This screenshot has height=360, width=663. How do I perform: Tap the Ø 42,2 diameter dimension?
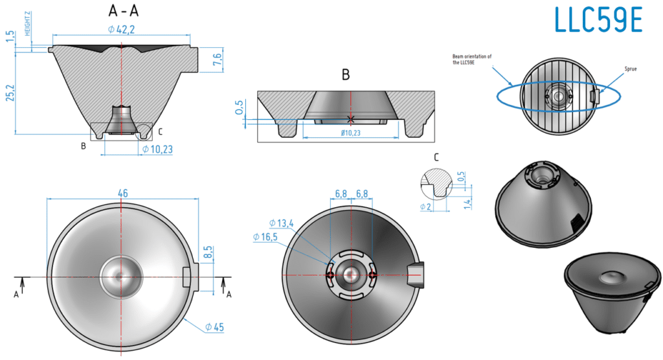122,28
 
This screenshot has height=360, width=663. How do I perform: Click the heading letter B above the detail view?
346,75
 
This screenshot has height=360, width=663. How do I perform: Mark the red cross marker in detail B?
350,118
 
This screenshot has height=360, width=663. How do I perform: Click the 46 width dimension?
122,193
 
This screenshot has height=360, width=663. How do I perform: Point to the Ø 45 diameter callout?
214,327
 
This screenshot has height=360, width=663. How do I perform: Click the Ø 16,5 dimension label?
265,238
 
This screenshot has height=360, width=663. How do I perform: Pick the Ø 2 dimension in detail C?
425,207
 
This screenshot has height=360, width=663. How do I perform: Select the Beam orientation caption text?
471,60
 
